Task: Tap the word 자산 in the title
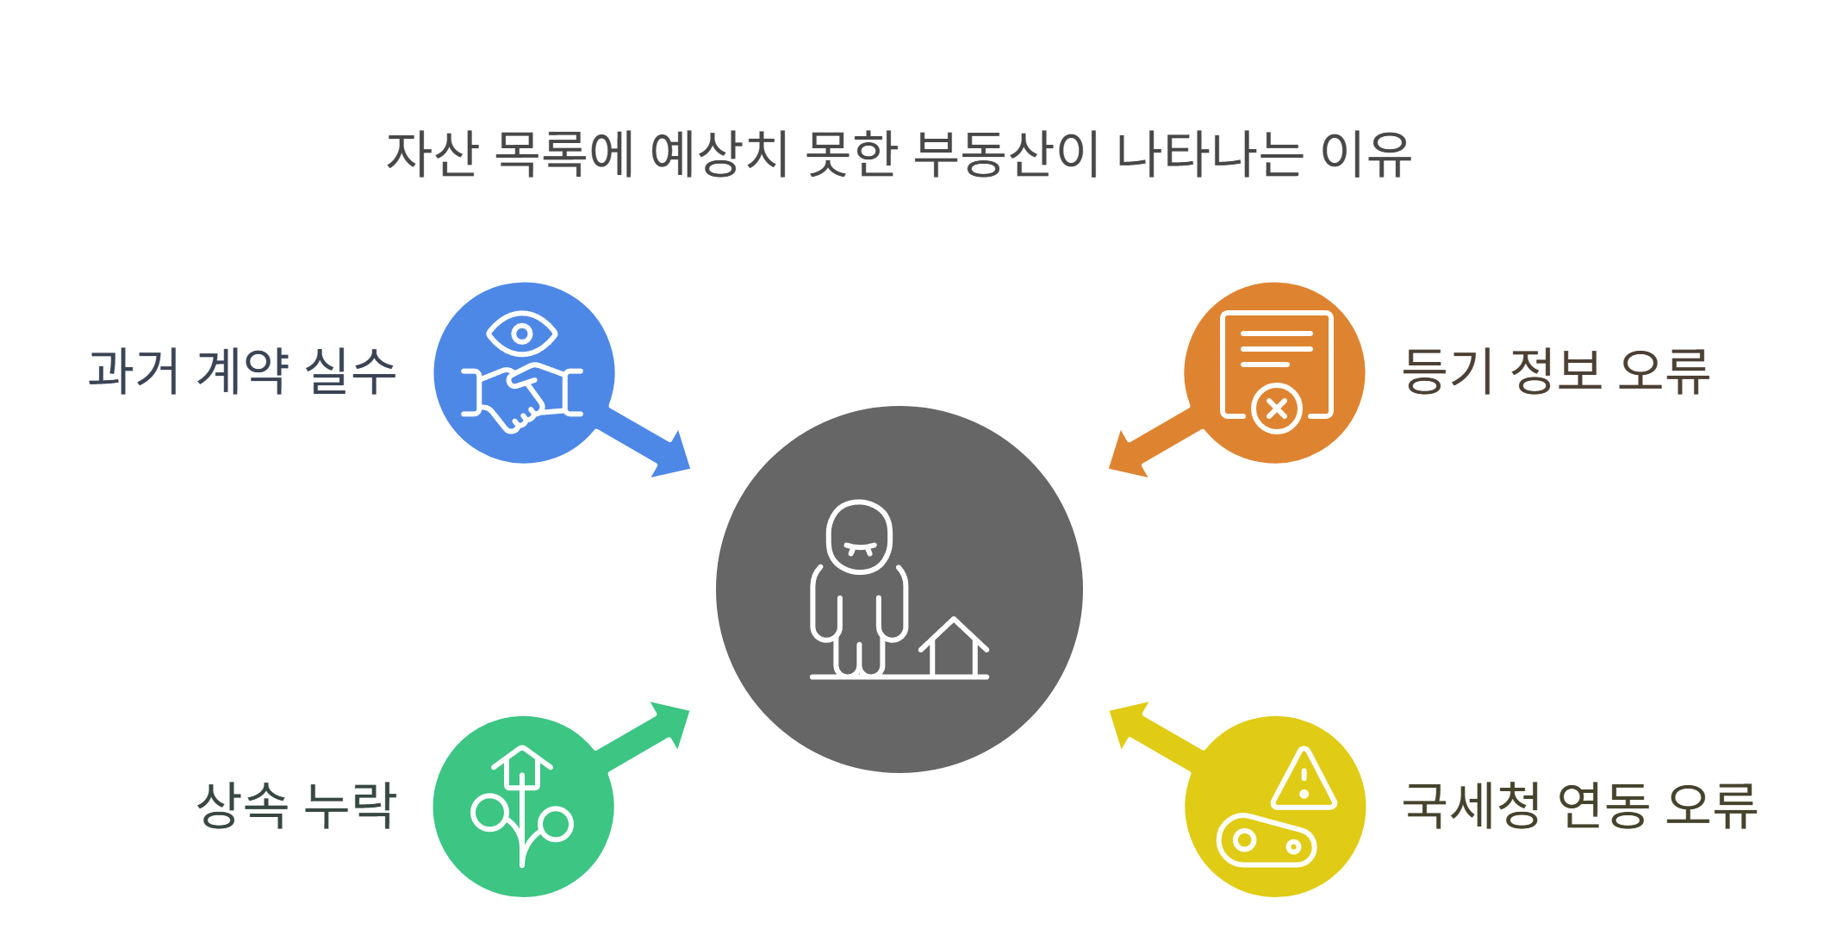[x=432, y=155]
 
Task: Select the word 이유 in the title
[x=1366, y=155]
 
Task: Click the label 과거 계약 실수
[x=242, y=371]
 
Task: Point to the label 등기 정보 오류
[x=1556, y=371]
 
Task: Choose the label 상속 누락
[x=296, y=806]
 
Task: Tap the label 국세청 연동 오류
[x=1579, y=806]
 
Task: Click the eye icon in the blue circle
[x=522, y=334]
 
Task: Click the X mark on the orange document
[x=1277, y=409]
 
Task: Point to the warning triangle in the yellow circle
[x=1304, y=779]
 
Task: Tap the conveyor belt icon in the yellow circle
[x=1267, y=840]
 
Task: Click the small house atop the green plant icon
[x=522, y=766]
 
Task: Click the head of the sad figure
[x=859, y=537]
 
